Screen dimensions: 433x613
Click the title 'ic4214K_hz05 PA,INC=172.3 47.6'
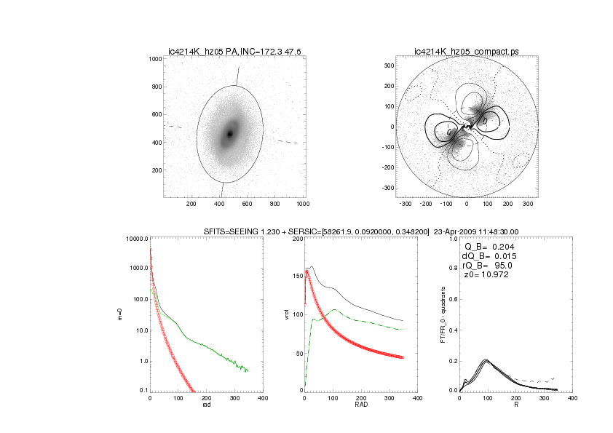(234, 51)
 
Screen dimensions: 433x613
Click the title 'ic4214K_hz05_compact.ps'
(465, 51)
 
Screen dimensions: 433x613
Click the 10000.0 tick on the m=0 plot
(137, 239)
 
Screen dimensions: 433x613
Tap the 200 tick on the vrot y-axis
(298, 239)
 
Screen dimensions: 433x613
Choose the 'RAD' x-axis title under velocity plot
(361, 405)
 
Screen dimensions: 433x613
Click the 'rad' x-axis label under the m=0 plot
(206, 405)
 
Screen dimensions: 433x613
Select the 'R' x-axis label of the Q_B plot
(516, 405)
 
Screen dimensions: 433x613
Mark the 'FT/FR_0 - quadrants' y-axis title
(443, 314)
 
